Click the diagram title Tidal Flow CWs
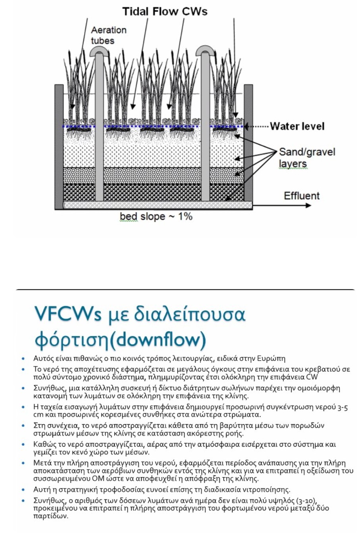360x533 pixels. click(x=165, y=12)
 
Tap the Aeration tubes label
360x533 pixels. click(x=108, y=35)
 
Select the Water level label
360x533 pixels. click(x=297, y=127)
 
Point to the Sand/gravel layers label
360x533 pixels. click(x=307, y=157)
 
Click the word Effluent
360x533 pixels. click(x=302, y=196)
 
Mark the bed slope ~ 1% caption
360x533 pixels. click(x=156, y=217)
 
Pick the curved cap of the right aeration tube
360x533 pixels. click(x=205, y=49)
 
